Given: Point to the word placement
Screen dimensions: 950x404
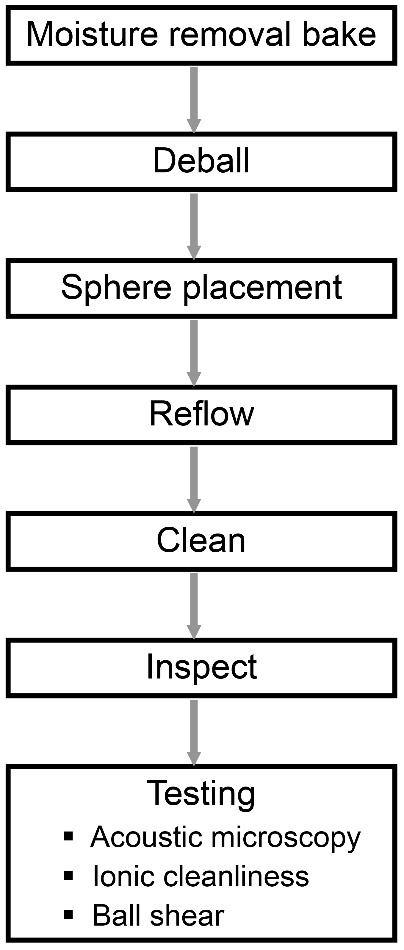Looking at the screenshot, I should pos(262,288).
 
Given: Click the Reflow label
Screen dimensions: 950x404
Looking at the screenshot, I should pos(201,414).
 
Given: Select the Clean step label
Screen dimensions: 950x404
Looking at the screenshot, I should pos(201,541).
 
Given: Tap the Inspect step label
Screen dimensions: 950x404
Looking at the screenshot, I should pos(201,667).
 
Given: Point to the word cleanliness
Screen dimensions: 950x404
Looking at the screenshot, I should pos(236,876).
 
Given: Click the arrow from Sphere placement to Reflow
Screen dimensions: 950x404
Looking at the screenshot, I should pos(194,352).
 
